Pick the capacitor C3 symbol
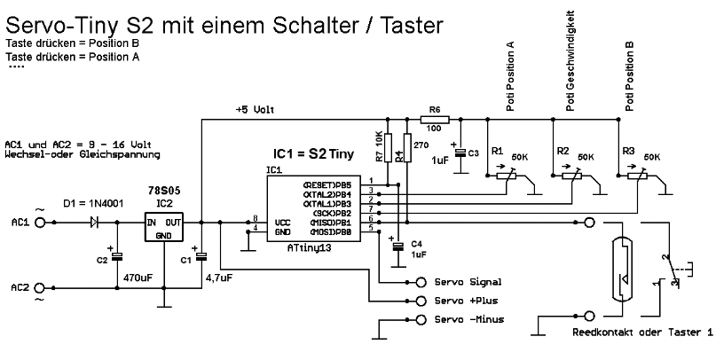tap(460, 153)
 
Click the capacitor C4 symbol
tap(398, 245)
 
